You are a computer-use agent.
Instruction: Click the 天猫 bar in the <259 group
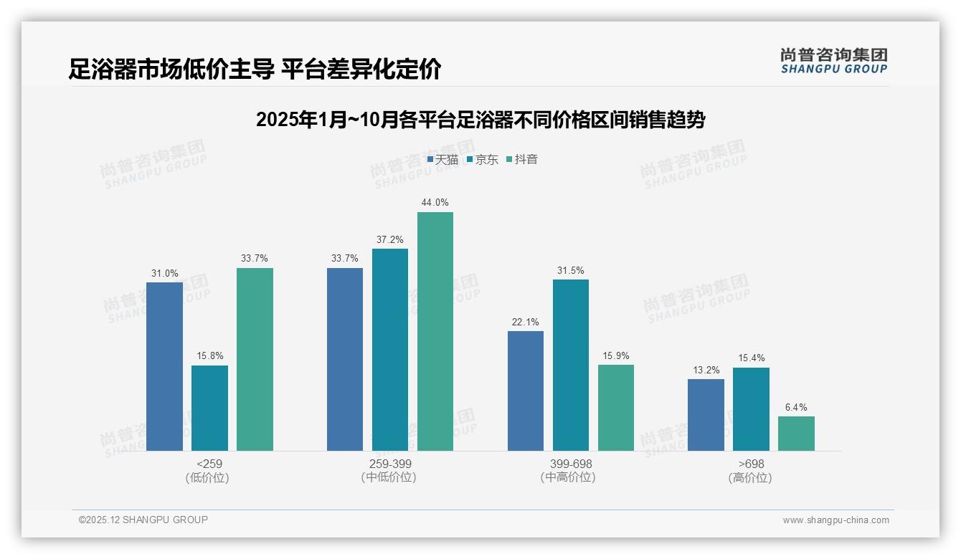(x=164, y=366)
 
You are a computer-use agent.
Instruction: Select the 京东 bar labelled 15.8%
(x=209, y=408)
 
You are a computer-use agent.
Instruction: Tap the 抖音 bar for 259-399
(x=435, y=331)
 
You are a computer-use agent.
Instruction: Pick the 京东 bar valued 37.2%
(x=390, y=350)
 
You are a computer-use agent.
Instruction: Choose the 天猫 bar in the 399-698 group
(x=526, y=391)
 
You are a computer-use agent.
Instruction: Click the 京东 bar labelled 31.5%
(x=571, y=365)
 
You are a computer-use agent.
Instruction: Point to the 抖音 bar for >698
(x=796, y=434)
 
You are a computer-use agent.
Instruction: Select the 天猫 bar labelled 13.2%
(x=706, y=415)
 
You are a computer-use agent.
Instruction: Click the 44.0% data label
(x=435, y=203)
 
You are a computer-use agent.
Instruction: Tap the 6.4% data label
(x=796, y=407)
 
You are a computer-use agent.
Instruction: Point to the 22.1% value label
(x=526, y=322)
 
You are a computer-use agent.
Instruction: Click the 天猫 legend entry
(x=442, y=160)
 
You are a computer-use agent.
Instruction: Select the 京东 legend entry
(x=483, y=160)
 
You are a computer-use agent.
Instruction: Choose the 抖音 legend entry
(x=522, y=160)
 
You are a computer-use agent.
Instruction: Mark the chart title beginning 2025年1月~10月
(x=480, y=119)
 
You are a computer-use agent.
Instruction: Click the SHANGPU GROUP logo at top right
(x=833, y=61)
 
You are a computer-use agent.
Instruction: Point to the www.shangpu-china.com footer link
(x=835, y=520)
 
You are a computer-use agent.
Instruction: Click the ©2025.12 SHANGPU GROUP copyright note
(x=143, y=520)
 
